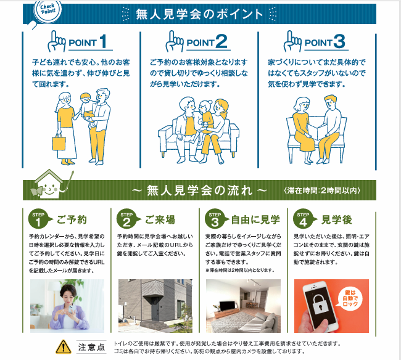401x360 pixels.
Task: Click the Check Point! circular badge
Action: [x=48, y=10]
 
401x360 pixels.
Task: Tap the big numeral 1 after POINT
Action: [x=103, y=41]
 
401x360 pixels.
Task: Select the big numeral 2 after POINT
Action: [x=221, y=41]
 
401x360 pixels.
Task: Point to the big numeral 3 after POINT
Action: [x=339, y=41]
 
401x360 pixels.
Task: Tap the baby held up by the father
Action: [x=88, y=110]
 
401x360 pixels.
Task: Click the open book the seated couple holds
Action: [x=317, y=131]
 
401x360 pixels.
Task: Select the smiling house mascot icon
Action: [x=50, y=184]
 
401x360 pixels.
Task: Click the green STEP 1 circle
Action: [x=38, y=219]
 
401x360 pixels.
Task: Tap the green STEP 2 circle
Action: [x=126, y=219]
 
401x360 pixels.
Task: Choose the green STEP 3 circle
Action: [x=215, y=219]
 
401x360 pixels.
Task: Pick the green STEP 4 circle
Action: [x=303, y=219]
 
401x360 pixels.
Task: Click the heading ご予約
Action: [x=72, y=219]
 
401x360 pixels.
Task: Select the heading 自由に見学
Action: [x=255, y=219]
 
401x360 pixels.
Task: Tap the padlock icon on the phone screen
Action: [x=320, y=304]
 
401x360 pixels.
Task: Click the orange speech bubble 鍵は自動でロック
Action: [x=350, y=298]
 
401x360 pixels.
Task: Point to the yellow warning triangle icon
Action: [x=64, y=347]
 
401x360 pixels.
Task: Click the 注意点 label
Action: [x=91, y=347]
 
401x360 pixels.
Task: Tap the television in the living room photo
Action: [x=227, y=306]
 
